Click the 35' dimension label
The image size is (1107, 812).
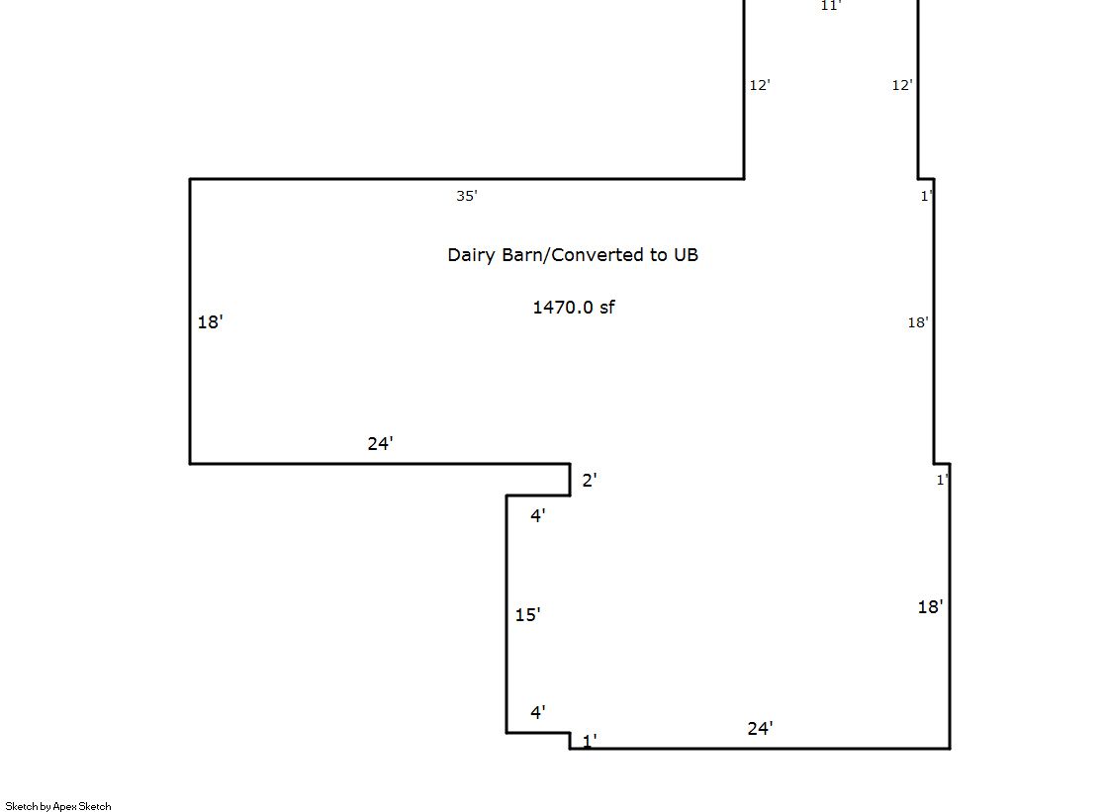(467, 196)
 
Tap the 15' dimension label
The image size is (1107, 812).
(527, 614)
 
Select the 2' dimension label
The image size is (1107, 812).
(590, 480)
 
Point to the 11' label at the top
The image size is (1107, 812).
(830, 6)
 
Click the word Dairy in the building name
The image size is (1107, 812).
(472, 255)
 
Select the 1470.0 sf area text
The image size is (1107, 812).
(573, 308)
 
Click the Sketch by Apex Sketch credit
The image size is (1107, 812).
(58, 806)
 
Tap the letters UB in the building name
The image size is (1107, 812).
(686, 255)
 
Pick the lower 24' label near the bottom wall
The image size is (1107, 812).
(761, 728)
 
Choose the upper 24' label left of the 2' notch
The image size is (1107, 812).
(381, 443)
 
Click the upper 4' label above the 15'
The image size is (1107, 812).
(538, 516)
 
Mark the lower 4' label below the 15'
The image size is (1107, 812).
(538, 712)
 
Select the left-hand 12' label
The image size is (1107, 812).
(760, 85)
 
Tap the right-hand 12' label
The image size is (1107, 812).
(902, 85)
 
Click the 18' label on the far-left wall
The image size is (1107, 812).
(211, 322)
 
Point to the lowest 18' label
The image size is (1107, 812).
(931, 606)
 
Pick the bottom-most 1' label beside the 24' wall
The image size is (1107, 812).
(590, 740)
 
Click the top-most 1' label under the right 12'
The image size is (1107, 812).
(927, 196)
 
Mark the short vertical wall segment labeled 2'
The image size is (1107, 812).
(570, 480)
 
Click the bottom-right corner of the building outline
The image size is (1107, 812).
(950, 748)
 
